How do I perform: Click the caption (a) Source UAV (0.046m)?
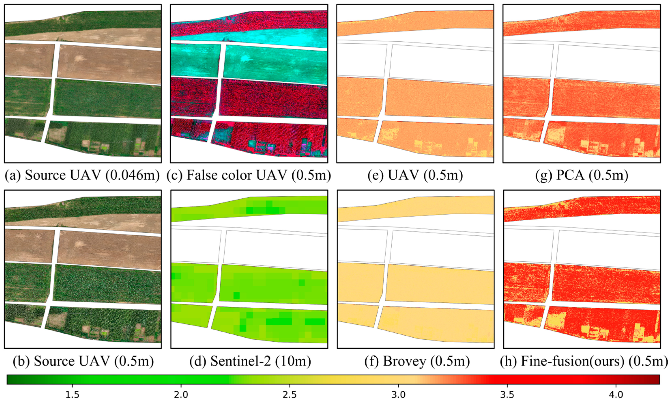coord(82,175)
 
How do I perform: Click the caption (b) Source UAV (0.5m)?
coord(83,361)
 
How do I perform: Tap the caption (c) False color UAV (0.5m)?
coord(249,175)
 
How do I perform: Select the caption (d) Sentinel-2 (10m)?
coord(250,361)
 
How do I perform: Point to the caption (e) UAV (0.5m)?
coord(415,175)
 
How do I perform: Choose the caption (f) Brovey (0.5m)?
coord(417,361)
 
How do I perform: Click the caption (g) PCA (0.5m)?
coord(582,175)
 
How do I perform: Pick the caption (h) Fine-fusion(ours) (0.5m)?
coord(584,361)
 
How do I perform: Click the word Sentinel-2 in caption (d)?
coord(241,361)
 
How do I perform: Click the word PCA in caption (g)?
coord(570,175)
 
